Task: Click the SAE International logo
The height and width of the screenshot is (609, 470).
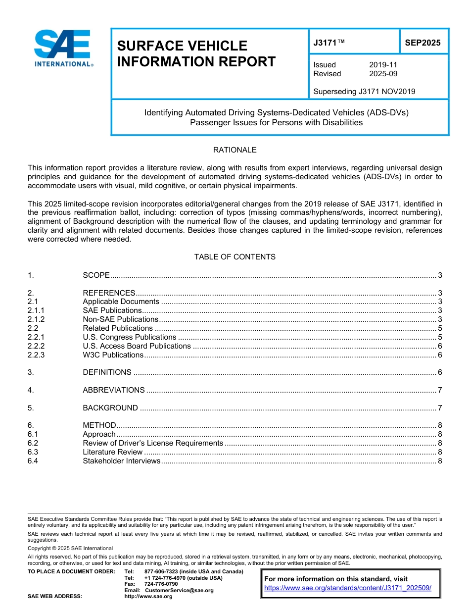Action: point(63,48)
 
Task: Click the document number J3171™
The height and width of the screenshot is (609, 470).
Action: point(329,43)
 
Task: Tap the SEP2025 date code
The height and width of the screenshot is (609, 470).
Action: point(423,43)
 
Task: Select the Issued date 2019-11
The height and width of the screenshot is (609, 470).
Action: point(383,65)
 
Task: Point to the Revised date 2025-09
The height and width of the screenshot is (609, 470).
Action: point(383,74)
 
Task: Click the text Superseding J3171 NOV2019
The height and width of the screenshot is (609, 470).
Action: point(364,92)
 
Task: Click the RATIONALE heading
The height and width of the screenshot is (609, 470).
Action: point(235,150)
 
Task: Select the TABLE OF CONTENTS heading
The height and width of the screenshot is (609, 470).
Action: point(235,257)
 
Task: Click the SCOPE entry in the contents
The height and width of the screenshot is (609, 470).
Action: point(96,275)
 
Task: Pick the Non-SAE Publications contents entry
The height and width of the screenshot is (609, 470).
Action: point(120,319)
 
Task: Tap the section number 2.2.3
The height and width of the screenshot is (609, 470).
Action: point(36,355)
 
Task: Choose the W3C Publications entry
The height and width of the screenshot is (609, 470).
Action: point(113,355)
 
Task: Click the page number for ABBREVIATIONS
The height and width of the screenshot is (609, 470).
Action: point(439,390)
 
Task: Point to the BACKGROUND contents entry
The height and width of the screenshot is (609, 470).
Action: point(110,408)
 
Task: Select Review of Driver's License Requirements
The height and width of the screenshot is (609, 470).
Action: point(153,443)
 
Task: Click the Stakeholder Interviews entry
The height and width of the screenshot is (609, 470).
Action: point(122,461)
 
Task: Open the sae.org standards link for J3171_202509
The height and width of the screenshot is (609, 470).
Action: point(348,588)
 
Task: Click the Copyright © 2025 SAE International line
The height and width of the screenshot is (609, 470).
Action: point(70,548)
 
